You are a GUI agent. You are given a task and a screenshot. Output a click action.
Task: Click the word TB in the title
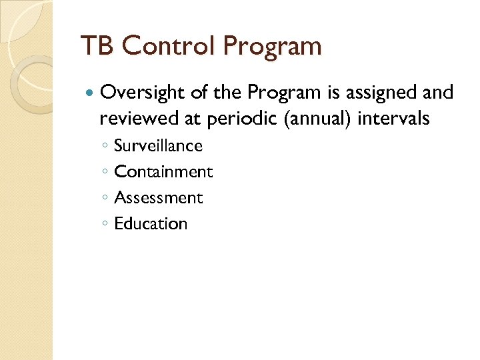pyautogui.click(x=94, y=47)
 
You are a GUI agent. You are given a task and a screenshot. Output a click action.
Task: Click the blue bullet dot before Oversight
pyautogui.click(x=89, y=93)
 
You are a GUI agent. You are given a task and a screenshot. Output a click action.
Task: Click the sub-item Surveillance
pyautogui.click(x=158, y=145)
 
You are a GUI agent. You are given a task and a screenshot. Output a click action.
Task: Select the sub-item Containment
pyautogui.click(x=163, y=171)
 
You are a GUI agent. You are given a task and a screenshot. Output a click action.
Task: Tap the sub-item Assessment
pyautogui.click(x=158, y=197)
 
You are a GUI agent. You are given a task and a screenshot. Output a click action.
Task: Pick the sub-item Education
pyautogui.click(x=151, y=223)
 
